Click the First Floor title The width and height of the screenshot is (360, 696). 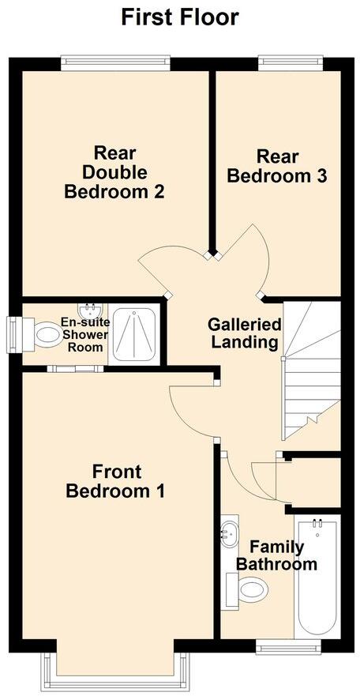(180, 17)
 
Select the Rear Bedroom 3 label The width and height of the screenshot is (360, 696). (277, 166)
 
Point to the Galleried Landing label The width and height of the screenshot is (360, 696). (244, 333)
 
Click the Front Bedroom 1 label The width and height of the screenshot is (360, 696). (115, 482)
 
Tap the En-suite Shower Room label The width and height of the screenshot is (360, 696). (84, 335)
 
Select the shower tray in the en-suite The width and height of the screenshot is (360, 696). (134, 334)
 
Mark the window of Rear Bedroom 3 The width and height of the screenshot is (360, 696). (290, 59)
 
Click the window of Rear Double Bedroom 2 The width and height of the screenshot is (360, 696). (115, 59)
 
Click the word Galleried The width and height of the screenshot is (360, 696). (244, 325)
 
